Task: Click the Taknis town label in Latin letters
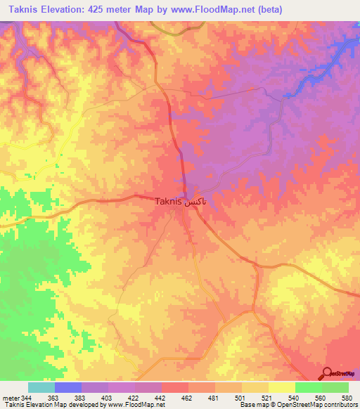pyautogui.click(x=167, y=201)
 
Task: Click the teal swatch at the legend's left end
pyautogui.click(x=41, y=387)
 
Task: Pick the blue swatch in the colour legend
pyautogui.click(x=68, y=387)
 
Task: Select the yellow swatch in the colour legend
pyautogui.click(x=255, y=387)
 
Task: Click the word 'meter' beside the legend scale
pyautogui.click(x=10, y=398)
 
